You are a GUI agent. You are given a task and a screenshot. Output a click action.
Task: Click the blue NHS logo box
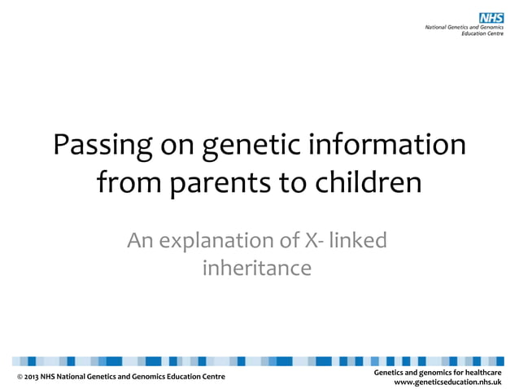click(x=492, y=18)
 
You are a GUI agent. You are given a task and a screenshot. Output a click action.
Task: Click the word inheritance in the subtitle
click(x=256, y=267)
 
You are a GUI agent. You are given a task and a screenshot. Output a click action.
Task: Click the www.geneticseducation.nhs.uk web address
click(x=447, y=382)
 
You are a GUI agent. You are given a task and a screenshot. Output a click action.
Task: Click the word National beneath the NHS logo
click(x=440, y=28)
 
